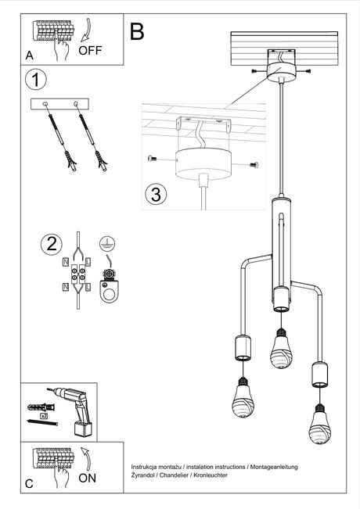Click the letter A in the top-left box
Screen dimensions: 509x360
29,55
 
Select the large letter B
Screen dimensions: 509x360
138,32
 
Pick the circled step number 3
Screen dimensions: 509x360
157,194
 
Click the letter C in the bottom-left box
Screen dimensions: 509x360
29,484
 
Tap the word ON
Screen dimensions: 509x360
88,479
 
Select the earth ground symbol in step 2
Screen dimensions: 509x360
108,243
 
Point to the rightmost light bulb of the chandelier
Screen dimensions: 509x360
319,426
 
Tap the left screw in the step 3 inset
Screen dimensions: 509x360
153,159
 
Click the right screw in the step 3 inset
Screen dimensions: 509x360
253,165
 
